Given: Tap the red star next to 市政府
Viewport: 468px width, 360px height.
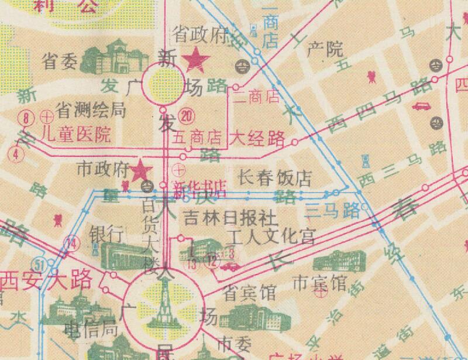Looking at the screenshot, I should point(140,171).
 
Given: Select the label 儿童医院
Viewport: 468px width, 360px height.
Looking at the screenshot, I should point(77,135).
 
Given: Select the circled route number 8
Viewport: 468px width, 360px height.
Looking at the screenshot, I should point(26,117).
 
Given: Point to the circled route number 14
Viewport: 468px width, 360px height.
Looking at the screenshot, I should point(72,242).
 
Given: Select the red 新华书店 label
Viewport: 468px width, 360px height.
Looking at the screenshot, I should point(200,188).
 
